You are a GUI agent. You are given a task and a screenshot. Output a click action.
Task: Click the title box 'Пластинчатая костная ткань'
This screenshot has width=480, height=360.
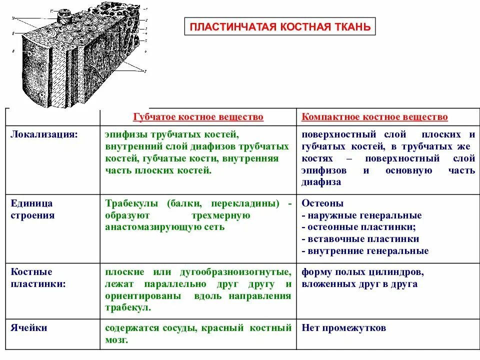point(280,26)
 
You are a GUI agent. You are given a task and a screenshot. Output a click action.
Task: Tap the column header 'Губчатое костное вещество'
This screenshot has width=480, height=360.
point(198,117)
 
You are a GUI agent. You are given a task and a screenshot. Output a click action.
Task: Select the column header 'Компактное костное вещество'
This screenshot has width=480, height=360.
point(374,117)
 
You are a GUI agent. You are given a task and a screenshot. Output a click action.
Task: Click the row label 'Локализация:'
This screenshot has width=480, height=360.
point(44,134)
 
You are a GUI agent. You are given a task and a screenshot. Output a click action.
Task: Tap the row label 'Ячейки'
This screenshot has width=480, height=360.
point(29,328)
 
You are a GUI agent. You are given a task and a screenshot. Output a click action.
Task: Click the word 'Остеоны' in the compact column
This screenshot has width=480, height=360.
point(322,203)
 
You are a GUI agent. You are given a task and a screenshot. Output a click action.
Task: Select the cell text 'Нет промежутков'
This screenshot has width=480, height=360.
point(343,328)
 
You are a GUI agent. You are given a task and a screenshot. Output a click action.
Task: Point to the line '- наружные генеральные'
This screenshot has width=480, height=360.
point(361,215)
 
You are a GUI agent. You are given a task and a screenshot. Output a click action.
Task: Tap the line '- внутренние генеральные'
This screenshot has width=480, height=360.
point(365,251)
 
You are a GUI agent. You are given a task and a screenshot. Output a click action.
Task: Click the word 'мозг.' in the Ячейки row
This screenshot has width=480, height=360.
point(117,340)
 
